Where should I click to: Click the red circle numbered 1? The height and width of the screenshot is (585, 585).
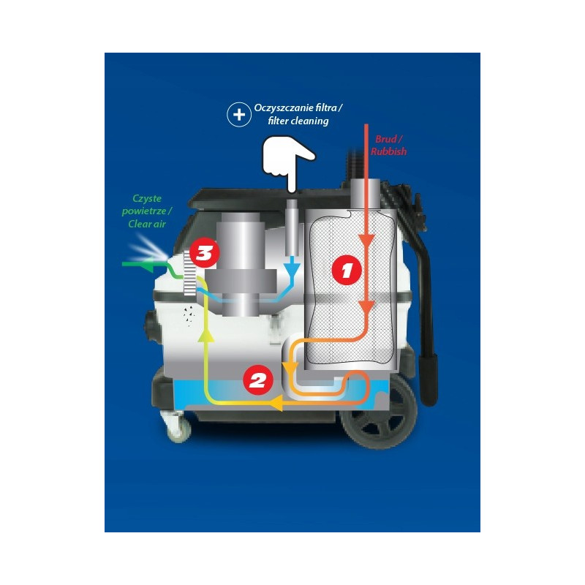click(x=347, y=270)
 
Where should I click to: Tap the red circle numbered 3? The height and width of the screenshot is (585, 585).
click(x=204, y=254)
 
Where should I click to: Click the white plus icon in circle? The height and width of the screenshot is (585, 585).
click(x=238, y=115)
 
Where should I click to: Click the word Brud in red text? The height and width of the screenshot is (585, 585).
click(x=387, y=138)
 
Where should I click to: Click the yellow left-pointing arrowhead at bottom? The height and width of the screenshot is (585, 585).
click(x=277, y=404)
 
